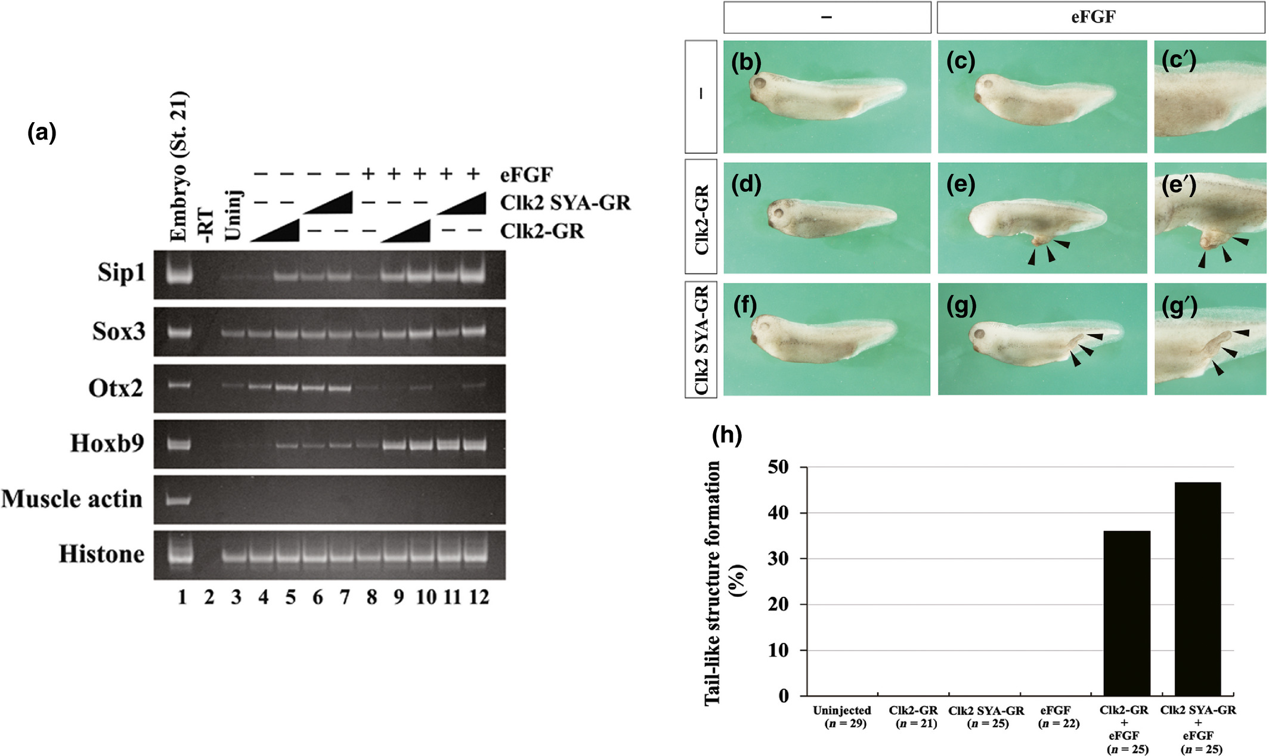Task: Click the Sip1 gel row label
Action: coord(121,273)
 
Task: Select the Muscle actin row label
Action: coord(72,499)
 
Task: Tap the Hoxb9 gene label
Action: coord(107,443)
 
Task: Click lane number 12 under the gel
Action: coord(478,597)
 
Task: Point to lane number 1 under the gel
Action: coord(182,597)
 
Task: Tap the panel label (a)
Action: coord(42,132)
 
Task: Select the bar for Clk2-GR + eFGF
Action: coord(1126,613)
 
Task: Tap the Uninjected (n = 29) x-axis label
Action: coord(842,717)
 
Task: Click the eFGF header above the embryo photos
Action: coord(1093,17)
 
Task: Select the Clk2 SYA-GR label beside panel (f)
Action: coord(701,340)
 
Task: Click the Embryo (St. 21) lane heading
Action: coord(179,167)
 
